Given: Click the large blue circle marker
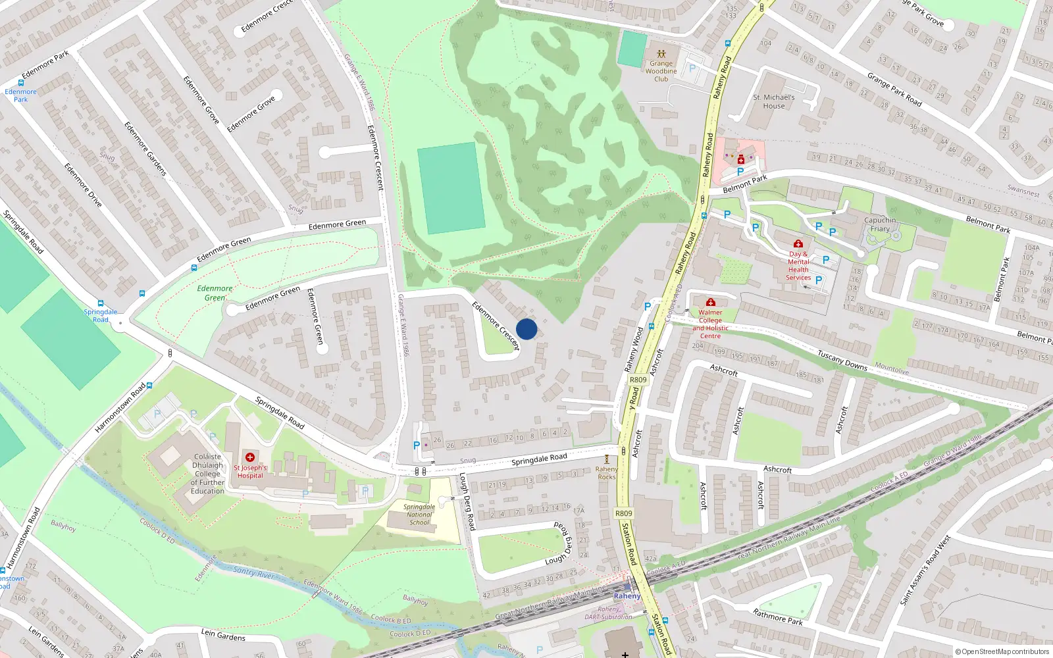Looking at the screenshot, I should pyautogui.click(x=526, y=329).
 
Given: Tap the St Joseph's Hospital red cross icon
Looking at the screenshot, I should pyautogui.click(x=250, y=457).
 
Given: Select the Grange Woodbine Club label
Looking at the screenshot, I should pyautogui.click(x=661, y=71).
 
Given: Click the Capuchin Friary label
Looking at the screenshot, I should pyautogui.click(x=880, y=224).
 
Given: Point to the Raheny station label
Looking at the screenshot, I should pyautogui.click(x=626, y=596).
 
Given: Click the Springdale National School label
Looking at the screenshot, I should pyautogui.click(x=419, y=515).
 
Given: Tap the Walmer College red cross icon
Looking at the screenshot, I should pyautogui.click(x=710, y=302).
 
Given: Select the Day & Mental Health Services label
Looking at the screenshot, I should pyautogui.click(x=798, y=266).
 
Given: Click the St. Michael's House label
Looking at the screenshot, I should pyautogui.click(x=774, y=101).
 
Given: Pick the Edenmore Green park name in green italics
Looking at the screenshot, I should pyautogui.click(x=215, y=293).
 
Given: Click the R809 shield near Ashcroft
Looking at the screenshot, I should pyautogui.click(x=638, y=380).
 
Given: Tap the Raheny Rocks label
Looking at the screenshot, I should pyautogui.click(x=606, y=473).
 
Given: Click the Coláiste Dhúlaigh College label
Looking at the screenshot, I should pyautogui.click(x=207, y=474).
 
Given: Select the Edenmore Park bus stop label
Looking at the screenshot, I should pyautogui.click(x=20, y=95).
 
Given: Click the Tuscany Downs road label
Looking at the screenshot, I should pyautogui.click(x=842, y=360).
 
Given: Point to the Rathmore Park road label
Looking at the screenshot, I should pyautogui.click(x=777, y=617).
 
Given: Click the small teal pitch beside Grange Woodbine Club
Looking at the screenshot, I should pyautogui.click(x=632, y=49).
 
